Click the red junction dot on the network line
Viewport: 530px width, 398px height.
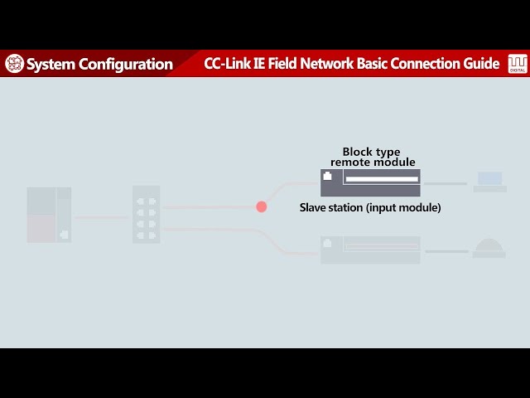[262, 206]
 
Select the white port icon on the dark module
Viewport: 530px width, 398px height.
[327, 176]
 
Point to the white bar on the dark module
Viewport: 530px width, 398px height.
[382, 179]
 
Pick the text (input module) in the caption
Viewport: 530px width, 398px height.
[403, 207]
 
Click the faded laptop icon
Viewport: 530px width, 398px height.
[489, 182]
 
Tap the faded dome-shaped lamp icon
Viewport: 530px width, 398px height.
[489, 248]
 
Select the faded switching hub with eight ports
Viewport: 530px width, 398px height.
[147, 214]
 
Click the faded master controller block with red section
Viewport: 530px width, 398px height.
[49, 215]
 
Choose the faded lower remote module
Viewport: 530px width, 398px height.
[370, 250]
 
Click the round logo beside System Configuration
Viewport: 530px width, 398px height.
[14, 64]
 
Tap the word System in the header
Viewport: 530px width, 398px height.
[51, 64]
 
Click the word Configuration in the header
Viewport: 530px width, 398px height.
[126, 65]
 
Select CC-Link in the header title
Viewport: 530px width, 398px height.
[227, 63]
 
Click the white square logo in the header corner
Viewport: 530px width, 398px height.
[517, 64]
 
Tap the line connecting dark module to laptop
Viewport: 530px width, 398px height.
[446, 183]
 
